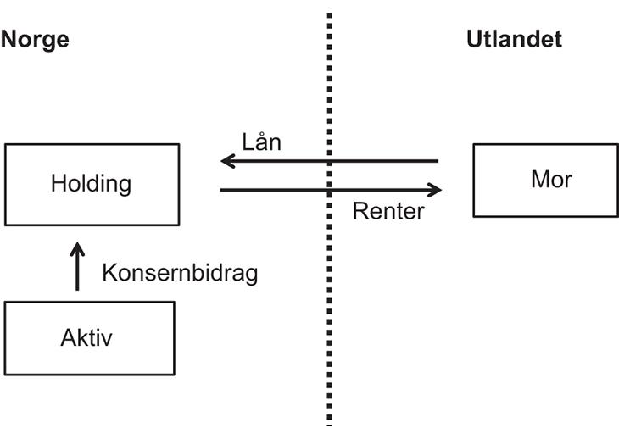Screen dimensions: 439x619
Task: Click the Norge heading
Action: (35, 40)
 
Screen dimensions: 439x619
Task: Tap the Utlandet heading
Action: (514, 40)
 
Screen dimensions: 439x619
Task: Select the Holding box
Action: (92, 184)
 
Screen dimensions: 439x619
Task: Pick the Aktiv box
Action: (89, 338)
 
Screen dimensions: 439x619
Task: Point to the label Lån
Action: (260, 142)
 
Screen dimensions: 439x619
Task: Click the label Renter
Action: (388, 210)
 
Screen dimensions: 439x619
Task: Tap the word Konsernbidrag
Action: (179, 273)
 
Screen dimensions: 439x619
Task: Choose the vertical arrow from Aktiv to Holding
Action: (77, 270)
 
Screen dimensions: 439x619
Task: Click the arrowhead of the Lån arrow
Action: (227, 160)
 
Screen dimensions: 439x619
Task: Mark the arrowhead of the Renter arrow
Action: (435, 190)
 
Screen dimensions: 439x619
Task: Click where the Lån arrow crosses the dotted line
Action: (329, 160)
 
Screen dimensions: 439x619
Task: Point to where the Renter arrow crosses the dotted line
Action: (329, 190)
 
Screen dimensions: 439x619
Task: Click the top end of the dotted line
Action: (329, 16)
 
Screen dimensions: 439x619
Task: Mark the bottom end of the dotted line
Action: (329, 421)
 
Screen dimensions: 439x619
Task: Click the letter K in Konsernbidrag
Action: (109, 273)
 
